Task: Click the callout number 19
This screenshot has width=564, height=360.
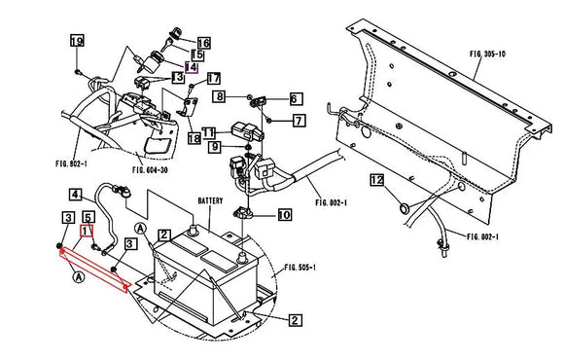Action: tap(76, 41)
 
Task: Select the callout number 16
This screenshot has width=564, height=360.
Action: tap(203, 43)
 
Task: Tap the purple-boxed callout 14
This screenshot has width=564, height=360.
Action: tap(192, 66)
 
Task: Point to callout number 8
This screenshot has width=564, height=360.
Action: tap(221, 96)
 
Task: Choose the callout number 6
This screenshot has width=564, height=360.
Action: tap(295, 98)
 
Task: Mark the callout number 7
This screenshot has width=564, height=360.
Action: tap(299, 120)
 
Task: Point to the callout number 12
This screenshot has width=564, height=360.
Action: tap(376, 180)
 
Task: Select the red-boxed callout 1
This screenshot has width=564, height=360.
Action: tap(87, 232)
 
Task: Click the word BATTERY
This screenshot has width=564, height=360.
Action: tap(211, 199)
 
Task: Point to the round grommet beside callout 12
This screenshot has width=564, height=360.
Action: tap(403, 207)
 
